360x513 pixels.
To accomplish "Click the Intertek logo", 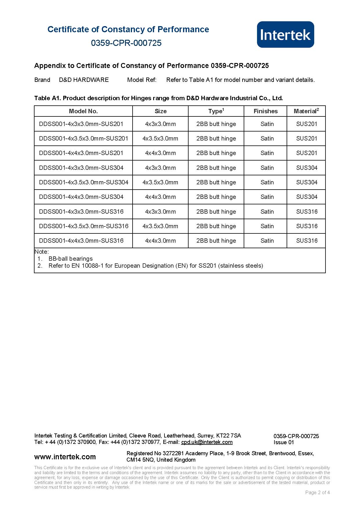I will pos(285,35).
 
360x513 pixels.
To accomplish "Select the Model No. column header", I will pos(83,111).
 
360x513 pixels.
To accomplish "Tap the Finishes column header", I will pos(265,111).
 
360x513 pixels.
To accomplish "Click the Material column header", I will pos(306,111).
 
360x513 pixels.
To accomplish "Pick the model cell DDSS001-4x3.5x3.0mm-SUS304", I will pos(84,182).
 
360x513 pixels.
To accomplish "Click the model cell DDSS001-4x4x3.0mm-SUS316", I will pos(81,241).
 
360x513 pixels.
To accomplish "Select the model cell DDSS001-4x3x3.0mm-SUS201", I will pos(81,124).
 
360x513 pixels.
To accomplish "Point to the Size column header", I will pos(160,111).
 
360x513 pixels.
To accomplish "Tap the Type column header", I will pos(216,111).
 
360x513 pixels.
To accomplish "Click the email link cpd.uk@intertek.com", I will pos(207,442).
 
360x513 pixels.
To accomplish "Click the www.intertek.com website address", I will pos(65,457).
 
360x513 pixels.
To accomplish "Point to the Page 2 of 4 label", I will pos(317,492).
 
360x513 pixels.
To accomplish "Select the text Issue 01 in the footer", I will pos(284,442).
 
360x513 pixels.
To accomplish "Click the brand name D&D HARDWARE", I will pos(84,80).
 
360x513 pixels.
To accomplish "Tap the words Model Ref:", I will pos(142,80).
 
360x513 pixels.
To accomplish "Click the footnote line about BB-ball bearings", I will pos(70,259).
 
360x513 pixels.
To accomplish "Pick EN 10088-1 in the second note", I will pos(87,266).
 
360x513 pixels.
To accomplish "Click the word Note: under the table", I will pos(41,252).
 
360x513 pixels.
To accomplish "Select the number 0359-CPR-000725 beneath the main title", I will pos(126,43).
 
